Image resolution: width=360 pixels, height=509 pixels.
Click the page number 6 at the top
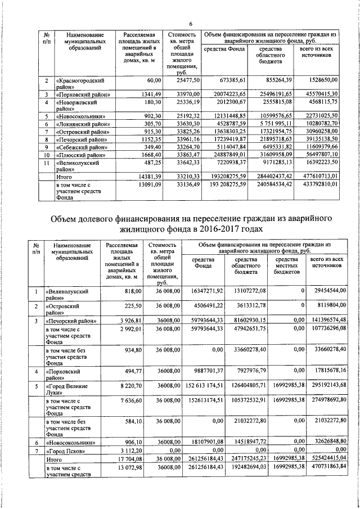click(191, 24)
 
